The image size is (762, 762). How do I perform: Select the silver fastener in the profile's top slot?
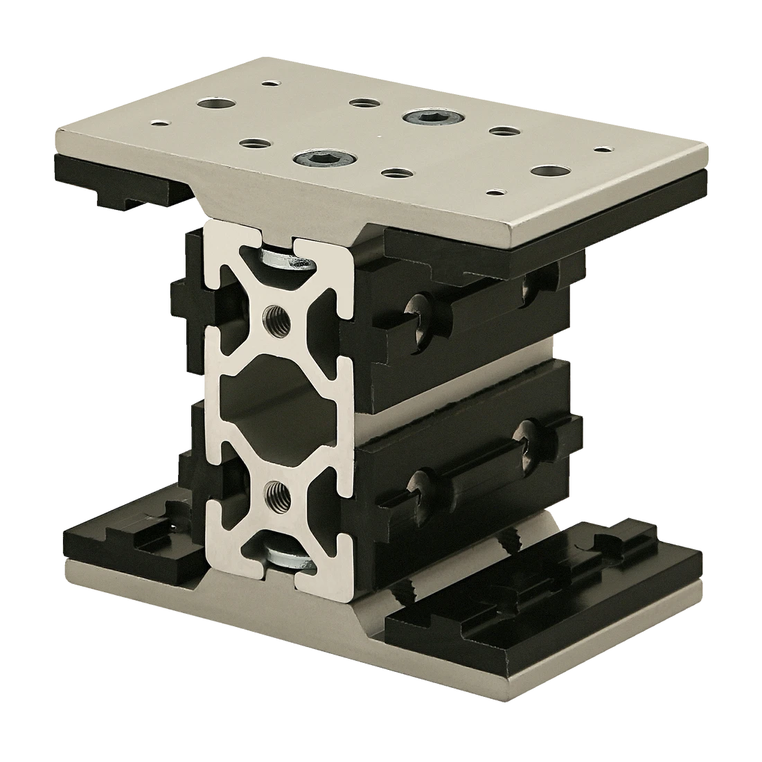[285, 262]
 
